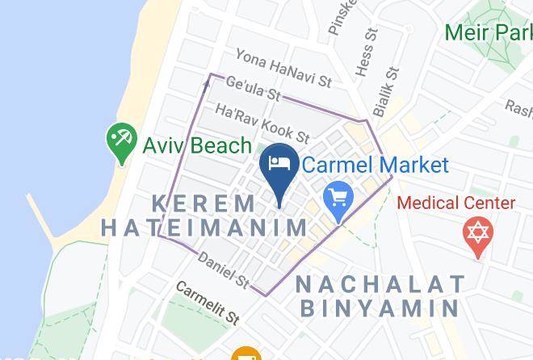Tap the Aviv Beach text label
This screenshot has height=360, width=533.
pyautogui.click(x=197, y=145)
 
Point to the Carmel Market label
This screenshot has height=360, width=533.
pyautogui.click(x=375, y=165)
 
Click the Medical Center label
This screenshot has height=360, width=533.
pyautogui.click(x=456, y=202)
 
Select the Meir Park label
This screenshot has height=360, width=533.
pyautogui.click(x=488, y=33)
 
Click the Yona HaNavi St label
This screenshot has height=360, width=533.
pyautogui.click(x=283, y=68)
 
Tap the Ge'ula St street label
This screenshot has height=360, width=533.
pyautogui.click(x=253, y=89)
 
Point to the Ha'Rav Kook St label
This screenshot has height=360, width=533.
pyautogui.click(x=262, y=122)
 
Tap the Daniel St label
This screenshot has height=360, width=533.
pyautogui.click(x=223, y=270)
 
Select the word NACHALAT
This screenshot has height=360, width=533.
pyautogui.click(x=380, y=283)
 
